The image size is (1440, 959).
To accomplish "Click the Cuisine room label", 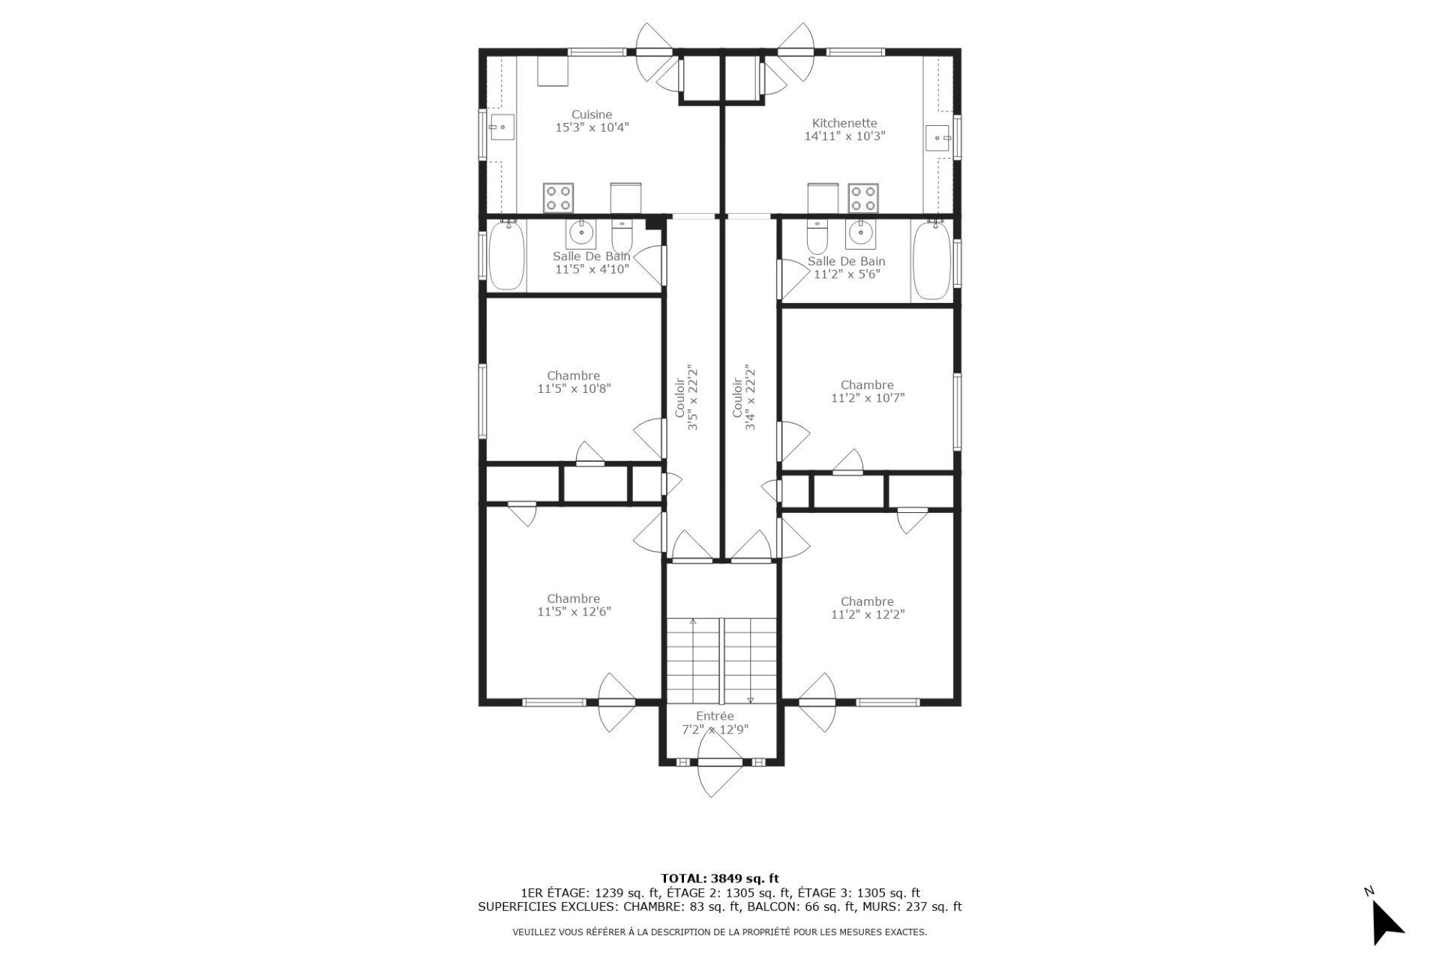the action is [x=592, y=115].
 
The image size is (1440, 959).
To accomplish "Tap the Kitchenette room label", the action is [x=844, y=124].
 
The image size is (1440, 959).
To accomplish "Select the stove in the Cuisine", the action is [x=558, y=198].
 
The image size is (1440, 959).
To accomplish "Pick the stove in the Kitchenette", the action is [x=862, y=198].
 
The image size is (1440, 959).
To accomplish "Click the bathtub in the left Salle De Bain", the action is [x=507, y=255].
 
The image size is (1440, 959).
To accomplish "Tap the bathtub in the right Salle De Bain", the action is [x=931, y=260].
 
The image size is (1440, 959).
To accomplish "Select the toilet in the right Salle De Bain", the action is [x=816, y=235].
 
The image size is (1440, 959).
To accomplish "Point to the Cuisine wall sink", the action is [x=501, y=127].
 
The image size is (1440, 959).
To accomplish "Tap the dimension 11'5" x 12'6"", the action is [x=574, y=612].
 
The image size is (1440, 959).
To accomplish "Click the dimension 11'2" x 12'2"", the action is [x=868, y=615].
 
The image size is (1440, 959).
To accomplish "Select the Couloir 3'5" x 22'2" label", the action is [x=687, y=397].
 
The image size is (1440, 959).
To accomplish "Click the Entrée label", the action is [x=715, y=716].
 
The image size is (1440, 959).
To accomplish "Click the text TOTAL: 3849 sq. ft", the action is [x=720, y=879].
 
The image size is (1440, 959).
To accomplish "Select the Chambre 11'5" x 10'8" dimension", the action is [x=574, y=389].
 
